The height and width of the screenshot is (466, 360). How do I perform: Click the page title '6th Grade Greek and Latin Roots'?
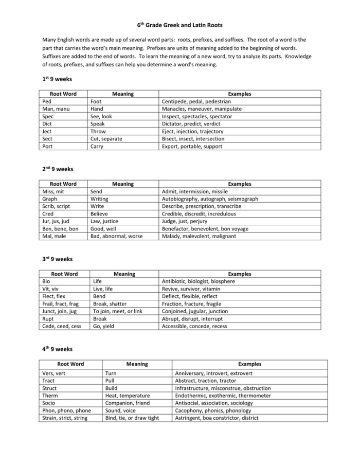point(179,25)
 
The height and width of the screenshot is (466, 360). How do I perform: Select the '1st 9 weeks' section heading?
point(57,79)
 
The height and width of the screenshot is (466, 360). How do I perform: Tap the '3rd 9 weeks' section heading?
point(57,259)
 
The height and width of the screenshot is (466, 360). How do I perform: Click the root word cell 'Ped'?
point(47,102)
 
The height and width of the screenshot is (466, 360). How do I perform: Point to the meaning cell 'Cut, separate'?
point(106,139)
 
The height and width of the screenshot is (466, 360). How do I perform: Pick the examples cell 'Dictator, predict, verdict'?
point(191,124)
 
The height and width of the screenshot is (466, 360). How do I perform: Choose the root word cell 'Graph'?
point(50,199)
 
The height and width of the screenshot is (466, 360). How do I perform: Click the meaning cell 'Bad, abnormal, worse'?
point(116,237)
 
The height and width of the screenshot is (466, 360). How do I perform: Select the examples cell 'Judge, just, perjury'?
point(185,222)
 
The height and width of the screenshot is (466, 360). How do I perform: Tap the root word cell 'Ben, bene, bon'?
point(60,229)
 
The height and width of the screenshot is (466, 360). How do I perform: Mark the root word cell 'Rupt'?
point(48,319)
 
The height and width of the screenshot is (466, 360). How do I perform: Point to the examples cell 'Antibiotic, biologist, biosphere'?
point(198,281)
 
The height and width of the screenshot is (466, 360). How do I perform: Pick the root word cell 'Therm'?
point(50,396)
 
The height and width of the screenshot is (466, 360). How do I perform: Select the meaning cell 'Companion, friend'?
point(127,403)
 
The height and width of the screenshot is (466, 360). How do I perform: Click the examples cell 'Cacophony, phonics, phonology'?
point(213,410)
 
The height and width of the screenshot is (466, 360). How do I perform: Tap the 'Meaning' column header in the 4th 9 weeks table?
point(137,364)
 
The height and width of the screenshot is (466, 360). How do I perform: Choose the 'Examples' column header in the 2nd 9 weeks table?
point(240,184)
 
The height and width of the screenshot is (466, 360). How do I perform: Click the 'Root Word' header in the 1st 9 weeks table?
point(63,94)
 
